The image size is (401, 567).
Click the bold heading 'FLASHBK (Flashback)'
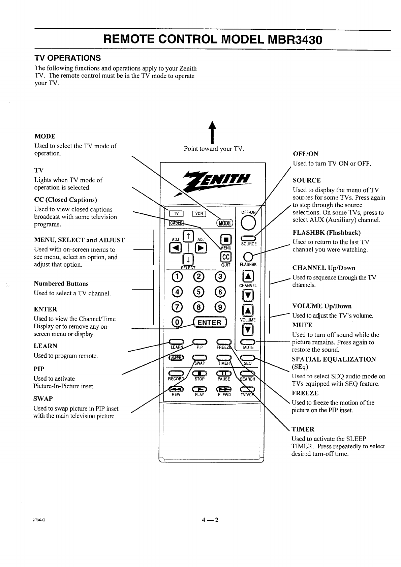327,233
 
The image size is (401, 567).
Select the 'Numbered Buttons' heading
61,283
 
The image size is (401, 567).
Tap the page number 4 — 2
210,519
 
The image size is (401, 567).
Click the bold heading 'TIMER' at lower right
303,429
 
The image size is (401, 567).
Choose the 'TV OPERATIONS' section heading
68,58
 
